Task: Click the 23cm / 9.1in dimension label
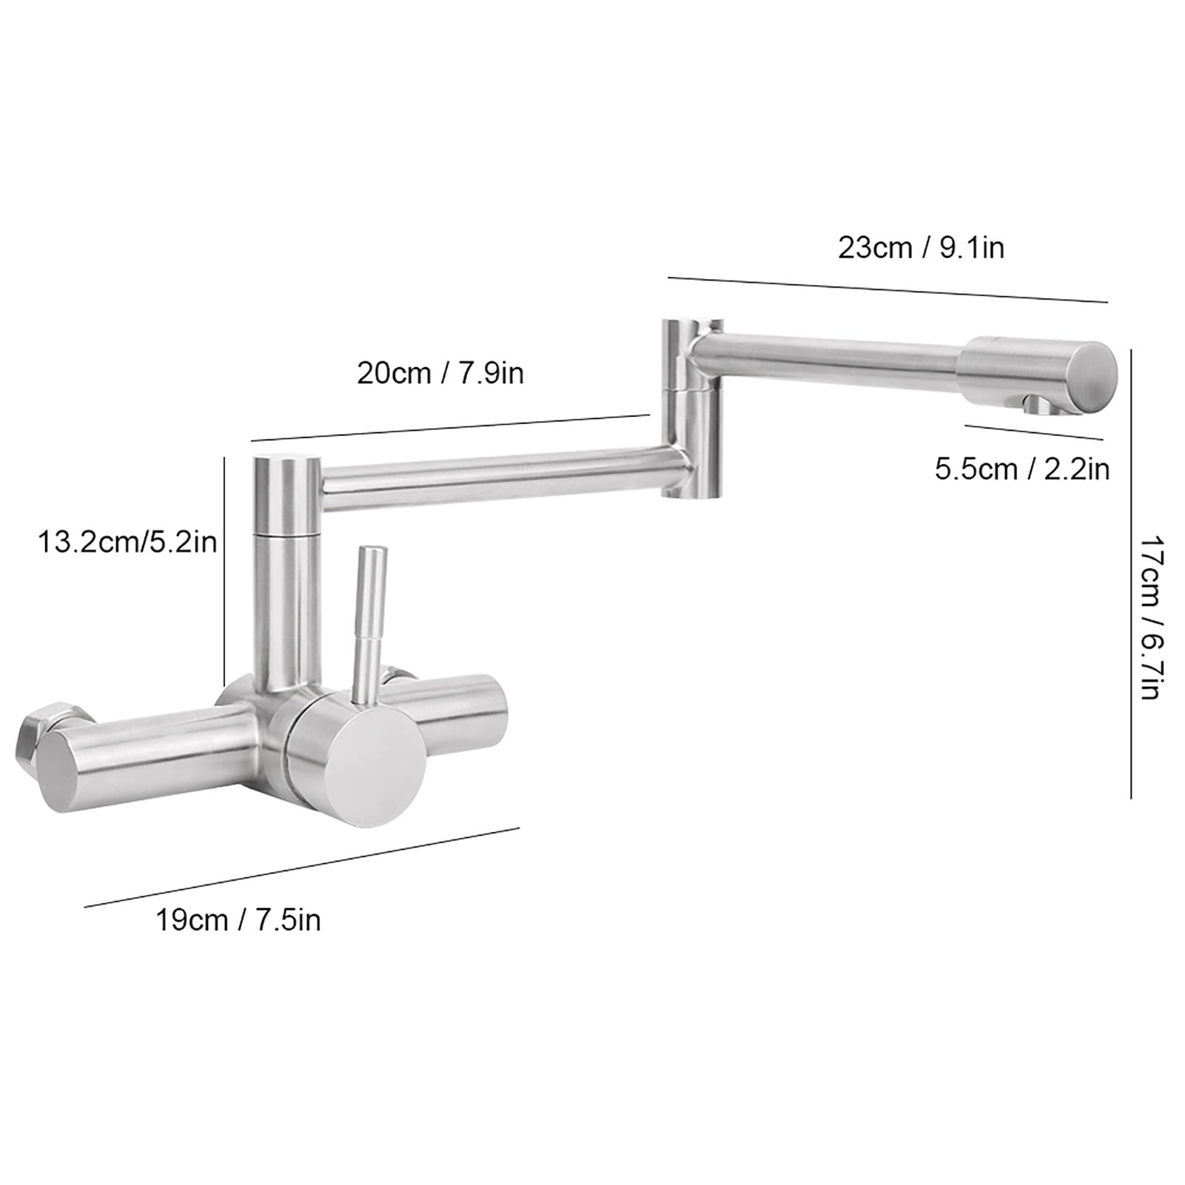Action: click(x=921, y=248)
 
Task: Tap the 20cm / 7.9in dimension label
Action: click(x=440, y=373)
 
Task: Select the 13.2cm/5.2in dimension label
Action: click(x=127, y=543)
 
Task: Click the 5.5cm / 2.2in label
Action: click(x=1022, y=469)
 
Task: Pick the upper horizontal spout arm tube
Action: click(x=829, y=358)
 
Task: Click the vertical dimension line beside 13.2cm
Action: click(x=224, y=570)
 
